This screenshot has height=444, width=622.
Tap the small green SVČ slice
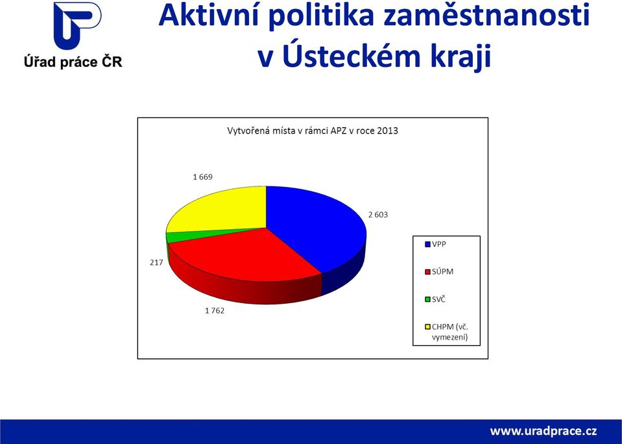pyautogui.click(x=174, y=236)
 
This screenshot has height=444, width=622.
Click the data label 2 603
pyautogui.click(x=378, y=215)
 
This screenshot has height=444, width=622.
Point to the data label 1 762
pyautogui.click(x=215, y=310)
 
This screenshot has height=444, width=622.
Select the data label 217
pyautogui.click(x=156, y=262)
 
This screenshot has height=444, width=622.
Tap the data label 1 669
pyautogui.click(x=203, y=177)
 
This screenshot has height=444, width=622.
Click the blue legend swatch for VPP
pyautogui.click(x=427, y=245)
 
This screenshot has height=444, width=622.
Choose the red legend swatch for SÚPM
pyautogui.click(x=427, y=272)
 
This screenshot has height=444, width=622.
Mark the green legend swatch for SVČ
pyautogui.click(x=427, y=299)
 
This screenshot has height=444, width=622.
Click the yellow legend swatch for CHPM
pyautogui.click(x=427, y=327)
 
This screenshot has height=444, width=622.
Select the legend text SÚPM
pyautogui.click(x=443, y=271)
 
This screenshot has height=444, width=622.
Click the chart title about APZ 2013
pyautogui.click(x=313, y=130)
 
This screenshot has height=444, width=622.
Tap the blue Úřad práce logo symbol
pyautogui.click(x=77, y=25)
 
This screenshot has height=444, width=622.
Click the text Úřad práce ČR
pyautogui.click(x=73, y=62)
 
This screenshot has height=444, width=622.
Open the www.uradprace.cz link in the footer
pyautogui.click(x=544, y=431)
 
